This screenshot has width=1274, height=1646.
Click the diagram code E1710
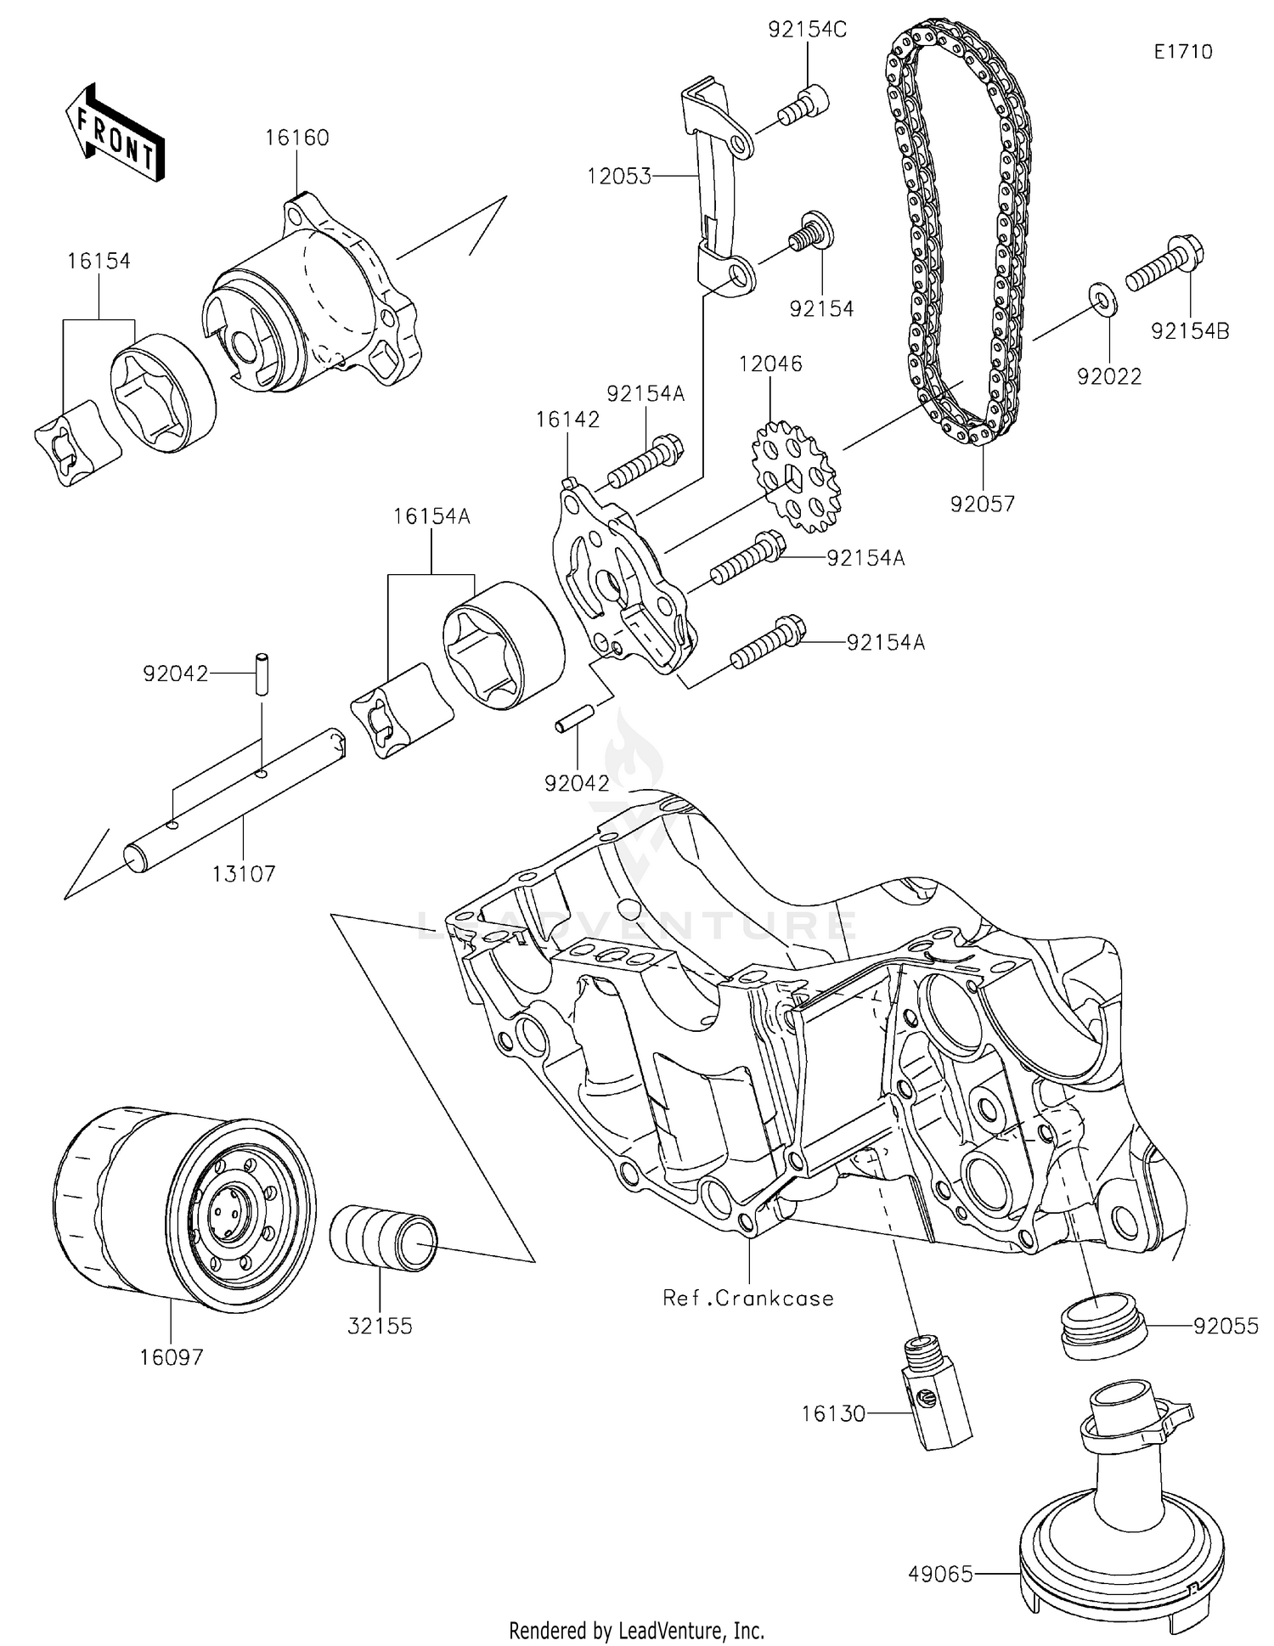[x=1182, y=52]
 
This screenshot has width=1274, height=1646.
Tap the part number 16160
[x=296, y=138]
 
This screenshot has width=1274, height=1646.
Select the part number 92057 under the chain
[x=982, y=505]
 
